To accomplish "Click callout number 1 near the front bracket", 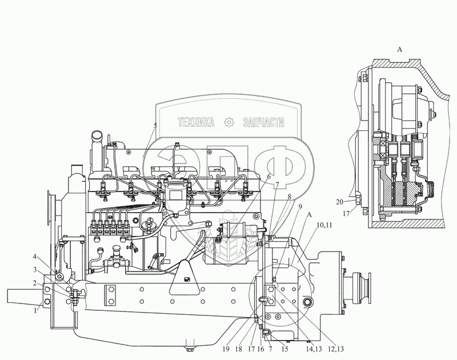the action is (35, 311).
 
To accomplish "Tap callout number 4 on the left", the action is (35, 257).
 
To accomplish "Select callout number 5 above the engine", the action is (155, 126).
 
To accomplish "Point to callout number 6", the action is (268, 177).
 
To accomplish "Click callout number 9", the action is (300, 207).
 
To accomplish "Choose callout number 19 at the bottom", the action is (226, 349).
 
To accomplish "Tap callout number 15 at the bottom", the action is (284, 349).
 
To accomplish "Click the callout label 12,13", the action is (336, 349).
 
